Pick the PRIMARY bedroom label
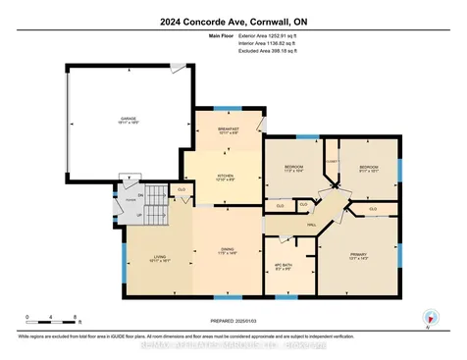tap(359, 257)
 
